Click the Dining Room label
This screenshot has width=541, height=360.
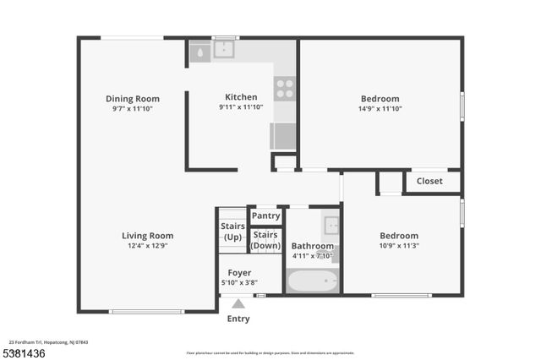coord(133,99)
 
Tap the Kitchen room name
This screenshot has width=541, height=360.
coord(241,97)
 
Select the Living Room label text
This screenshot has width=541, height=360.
coord(148,236)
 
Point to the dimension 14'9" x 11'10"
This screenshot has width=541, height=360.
coord(380,108)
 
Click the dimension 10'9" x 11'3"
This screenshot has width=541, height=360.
coord(398,246)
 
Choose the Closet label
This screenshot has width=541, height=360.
coord(429,181)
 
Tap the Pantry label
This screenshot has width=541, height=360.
coord(265,216)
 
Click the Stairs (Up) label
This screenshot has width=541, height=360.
coord(232,232)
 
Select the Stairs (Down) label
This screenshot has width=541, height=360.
coord(265,240)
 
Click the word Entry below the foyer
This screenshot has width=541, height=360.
coord(238,319)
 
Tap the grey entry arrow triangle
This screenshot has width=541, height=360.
coord(238,303)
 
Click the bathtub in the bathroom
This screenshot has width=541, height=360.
coord(312,280)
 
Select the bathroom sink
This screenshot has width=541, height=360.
coord(331,225)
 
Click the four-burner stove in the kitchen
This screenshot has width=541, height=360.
coord(285,88)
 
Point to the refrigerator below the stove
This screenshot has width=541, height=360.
coord(283,135)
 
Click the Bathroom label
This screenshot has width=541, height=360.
coord(312,246)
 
